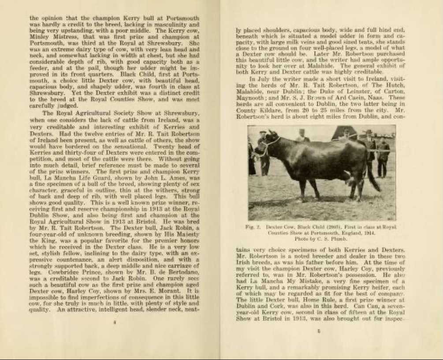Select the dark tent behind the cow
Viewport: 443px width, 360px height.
pos(342,133)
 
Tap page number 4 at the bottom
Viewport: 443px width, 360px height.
pos(114,323)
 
